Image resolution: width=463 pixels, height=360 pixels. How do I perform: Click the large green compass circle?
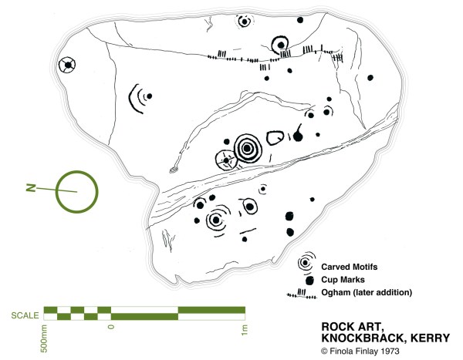click(x=76, y=190)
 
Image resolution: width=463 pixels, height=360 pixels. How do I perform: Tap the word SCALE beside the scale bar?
click(x=25, y=315)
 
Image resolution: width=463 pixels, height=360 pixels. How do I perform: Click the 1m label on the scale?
click(x=244, y=329)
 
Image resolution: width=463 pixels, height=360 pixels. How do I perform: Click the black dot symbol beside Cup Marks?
click(x=309, y=280)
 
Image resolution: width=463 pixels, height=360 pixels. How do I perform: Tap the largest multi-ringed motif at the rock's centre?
click(x=248, y=148)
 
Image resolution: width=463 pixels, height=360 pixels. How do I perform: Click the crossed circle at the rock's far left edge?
click(x=69, y=66)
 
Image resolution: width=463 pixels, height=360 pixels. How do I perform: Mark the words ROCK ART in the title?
click(x=345, y=325)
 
